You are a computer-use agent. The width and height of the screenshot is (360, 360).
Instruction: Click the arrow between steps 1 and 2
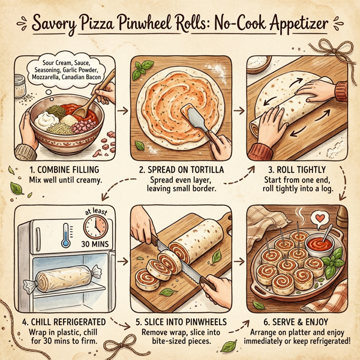pyautogui.click(x=123, y=110)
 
